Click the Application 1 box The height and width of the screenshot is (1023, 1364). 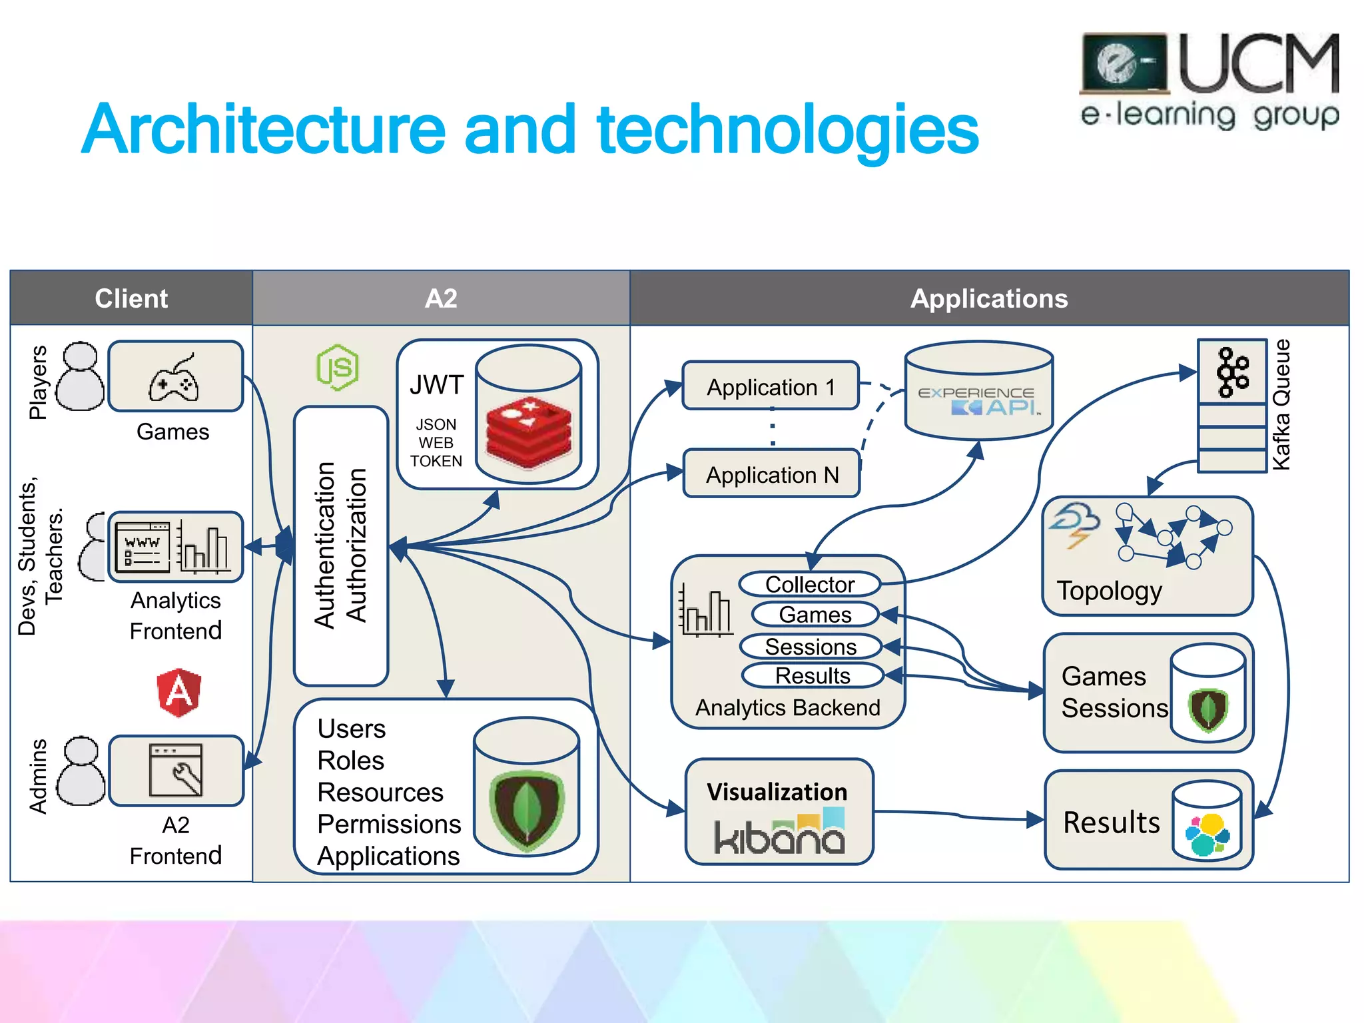click(x=771, y=386)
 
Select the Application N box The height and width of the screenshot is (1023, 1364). click(x=771, y=474)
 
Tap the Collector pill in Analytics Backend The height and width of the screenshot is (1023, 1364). click(x=809, y=584)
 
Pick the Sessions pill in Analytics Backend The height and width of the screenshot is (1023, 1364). click(x=811, y=646)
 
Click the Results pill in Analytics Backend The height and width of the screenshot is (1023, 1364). click(x=812, y=675)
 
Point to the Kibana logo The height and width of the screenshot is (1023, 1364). click(x=779, y=833)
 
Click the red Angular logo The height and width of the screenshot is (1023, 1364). click(x=178, y=693)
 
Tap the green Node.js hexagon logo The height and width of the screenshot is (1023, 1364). click(x=338, y=367)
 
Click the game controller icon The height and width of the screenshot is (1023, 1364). click(x=174, y=380)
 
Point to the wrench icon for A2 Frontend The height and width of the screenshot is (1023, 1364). click(x=176, y=771)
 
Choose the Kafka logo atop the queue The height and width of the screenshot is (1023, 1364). click(x=1232, y=372)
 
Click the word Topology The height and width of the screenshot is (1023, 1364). click(x=1109, y=591)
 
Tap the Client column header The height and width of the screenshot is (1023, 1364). click(x=131, y=298)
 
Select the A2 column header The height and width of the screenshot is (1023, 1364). click(x=441, y=298)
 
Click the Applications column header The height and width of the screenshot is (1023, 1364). click(x=989, y=298)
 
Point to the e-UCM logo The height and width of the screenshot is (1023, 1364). click(x=1209, y=81)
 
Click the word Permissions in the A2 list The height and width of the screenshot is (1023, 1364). click(x=389, y=824)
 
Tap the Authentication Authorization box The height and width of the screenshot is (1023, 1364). click(x=341, y=545)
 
